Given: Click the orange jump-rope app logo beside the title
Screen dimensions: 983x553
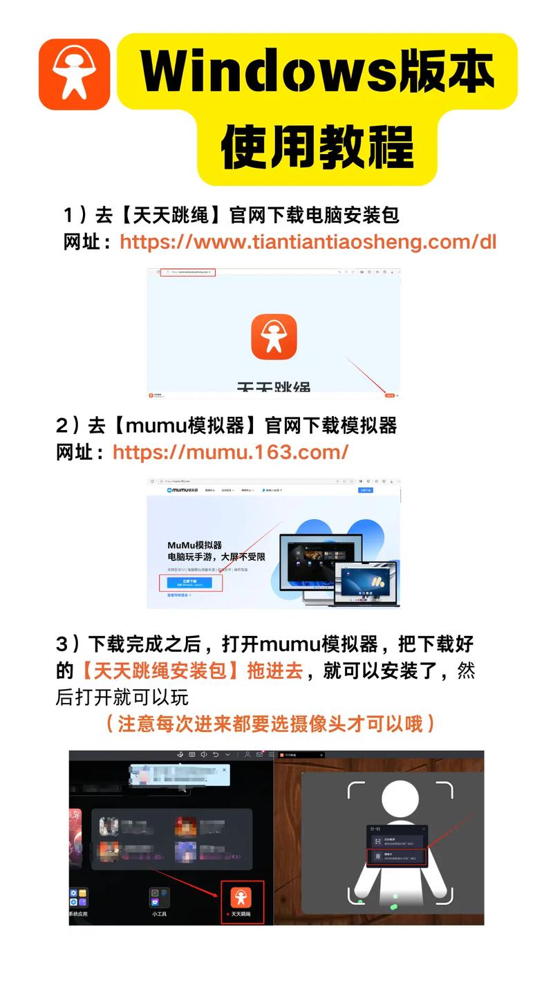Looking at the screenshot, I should click(74, 74).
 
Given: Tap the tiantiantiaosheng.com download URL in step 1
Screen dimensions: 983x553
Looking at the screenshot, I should click(308, 242).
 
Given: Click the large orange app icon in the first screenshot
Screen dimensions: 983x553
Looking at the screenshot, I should click(274, 337).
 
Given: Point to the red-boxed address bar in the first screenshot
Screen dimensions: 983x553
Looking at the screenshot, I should click(188, 272).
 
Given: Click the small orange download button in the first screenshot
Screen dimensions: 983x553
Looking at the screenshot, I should click(390, 395).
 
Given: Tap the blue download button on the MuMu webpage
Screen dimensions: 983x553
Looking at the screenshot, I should click(191, 583).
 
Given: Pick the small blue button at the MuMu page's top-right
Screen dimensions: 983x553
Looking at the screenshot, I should click(365, 490).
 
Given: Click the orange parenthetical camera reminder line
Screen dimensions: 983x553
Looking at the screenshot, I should click(271, 724).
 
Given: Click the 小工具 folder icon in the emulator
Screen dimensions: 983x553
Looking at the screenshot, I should click(160, 897).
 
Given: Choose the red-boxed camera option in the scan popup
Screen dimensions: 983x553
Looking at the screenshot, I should click(397, 857).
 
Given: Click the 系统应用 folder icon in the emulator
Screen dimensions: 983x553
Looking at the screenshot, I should click(77, 897).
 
